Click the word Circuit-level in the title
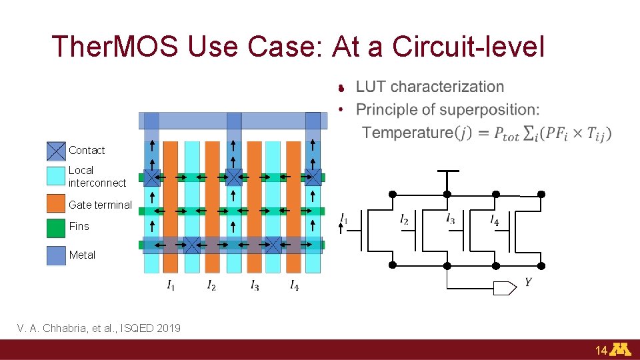point(469,47)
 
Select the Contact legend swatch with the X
point(56,151)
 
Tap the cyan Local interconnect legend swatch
point(56,176)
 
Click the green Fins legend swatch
point(56,227)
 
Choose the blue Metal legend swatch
point(56,255)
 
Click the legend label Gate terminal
point(100,205)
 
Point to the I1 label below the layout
point(171,285)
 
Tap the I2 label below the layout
point(211,285)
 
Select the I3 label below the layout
point(255,285)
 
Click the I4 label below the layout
point(294,285)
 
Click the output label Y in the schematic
point(528,283)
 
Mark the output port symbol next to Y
point(504,288)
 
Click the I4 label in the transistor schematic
point(494,219)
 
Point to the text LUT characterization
point(430,87)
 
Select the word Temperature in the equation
point(407,133)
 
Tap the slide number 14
point(601,350)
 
